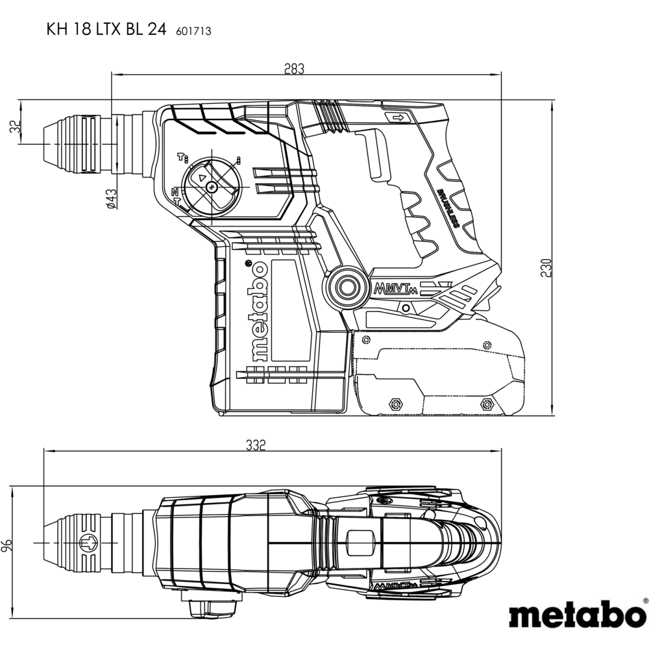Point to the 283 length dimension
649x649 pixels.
(294, 69)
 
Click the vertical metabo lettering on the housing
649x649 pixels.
(258, 311)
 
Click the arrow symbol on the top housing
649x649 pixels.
(397, 117)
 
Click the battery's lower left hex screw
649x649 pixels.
(393, 404)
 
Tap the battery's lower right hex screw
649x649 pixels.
(484, 404)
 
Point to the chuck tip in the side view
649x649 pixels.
(45, 143)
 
